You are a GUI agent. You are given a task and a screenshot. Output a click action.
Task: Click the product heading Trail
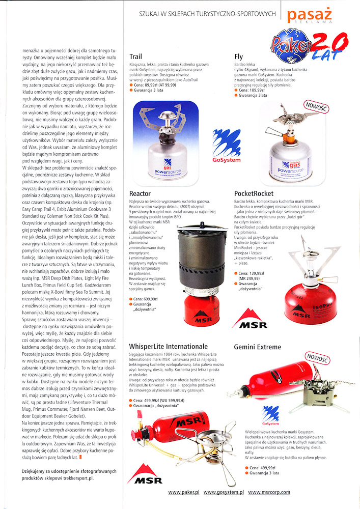pyautogui.click(x=136, y=56)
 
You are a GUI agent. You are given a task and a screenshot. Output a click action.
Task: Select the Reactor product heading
pyautogui.click(x=140, y=193)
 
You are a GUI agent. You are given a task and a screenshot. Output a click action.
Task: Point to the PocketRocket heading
pyautogui.click(x=254, y=193)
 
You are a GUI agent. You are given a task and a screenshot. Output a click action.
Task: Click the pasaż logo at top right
pyautogui.click(x=309, y=16)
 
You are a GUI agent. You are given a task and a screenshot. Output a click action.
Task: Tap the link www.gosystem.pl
pyautogui.click(x=224, y=492)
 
